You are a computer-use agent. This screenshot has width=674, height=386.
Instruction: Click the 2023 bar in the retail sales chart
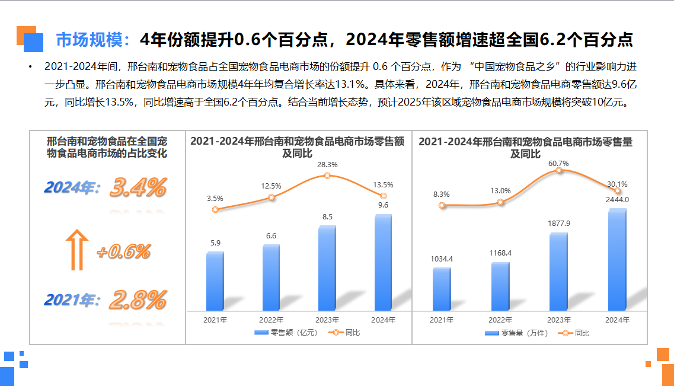click(327, 268)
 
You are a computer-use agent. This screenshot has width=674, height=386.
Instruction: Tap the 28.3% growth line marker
click(327, 176)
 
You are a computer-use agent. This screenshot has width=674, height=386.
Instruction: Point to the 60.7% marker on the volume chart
click(558, 171)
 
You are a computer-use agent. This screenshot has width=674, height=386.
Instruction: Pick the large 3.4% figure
click(138, 188)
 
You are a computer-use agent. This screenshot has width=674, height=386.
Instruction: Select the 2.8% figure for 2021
click(138, 300)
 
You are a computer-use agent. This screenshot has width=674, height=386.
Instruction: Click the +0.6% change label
click(123, 252)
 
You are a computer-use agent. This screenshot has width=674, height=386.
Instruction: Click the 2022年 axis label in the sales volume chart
click(500, 320)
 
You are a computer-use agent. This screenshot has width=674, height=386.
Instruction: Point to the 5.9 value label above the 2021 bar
click(215, 243)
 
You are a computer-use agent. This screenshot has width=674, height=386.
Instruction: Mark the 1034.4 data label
click(442, 259)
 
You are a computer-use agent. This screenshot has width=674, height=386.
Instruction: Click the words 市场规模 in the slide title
click(92, 40)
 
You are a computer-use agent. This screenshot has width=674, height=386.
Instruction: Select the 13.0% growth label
click(500, 191)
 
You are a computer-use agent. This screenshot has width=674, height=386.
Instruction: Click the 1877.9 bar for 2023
click(558, 272)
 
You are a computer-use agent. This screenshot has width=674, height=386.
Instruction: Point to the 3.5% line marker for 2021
click(215, 209)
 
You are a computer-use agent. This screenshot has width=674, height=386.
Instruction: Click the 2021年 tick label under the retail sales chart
click(215, 320)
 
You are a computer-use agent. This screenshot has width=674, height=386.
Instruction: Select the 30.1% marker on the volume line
click(618, 191)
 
